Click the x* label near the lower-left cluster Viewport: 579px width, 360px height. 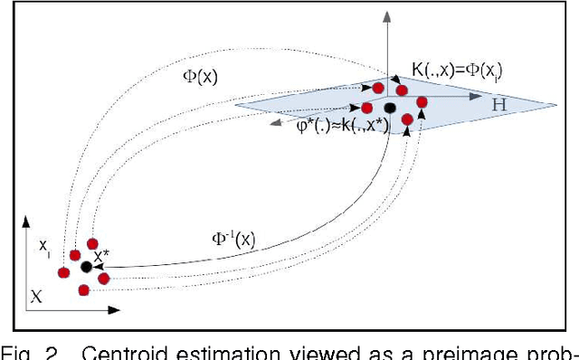click(101, 256)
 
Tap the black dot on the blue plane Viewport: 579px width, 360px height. click(390, 108)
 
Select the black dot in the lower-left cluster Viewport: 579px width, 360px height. click(86, 267)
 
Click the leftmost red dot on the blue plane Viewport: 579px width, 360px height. click(367, 109)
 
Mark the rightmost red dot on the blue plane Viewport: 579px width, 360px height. click(422, 101)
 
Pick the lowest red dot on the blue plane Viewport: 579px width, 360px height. click(407, 119)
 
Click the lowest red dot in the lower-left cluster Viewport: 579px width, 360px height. click(84, 289)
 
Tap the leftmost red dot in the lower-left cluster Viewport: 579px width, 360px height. click(63, 272)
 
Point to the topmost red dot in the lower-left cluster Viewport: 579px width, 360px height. click(92, 242)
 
